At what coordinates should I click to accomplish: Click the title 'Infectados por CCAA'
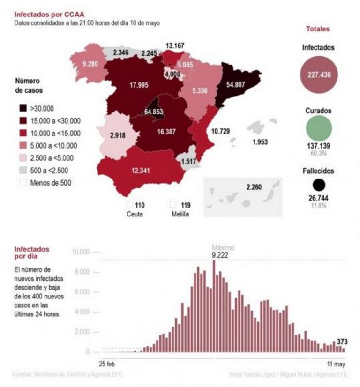click(43, 15)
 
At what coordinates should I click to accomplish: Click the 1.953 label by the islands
click(260, 142)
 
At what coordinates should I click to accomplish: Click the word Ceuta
click(134, 214)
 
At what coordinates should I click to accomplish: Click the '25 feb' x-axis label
click(107, 364)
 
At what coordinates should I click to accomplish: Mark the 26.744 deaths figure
click(319, 198)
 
